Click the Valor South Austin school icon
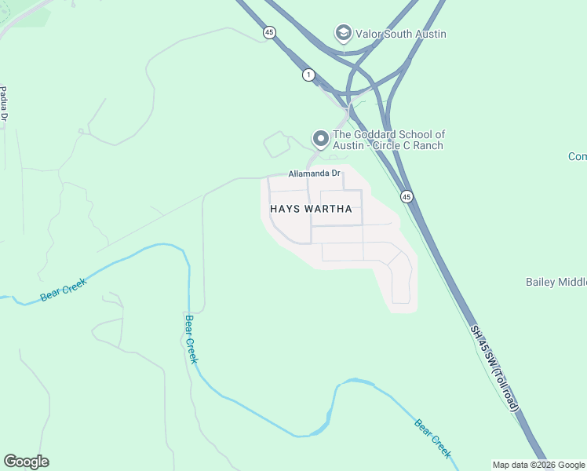342,33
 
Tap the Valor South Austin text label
401,34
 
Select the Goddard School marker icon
320,139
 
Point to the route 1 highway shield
309,75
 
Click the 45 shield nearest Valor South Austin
270,32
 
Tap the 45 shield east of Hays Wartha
406,195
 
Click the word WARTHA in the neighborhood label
329,210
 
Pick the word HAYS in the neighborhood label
286,210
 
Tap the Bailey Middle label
556,282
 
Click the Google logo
26,462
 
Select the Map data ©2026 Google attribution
539,465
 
